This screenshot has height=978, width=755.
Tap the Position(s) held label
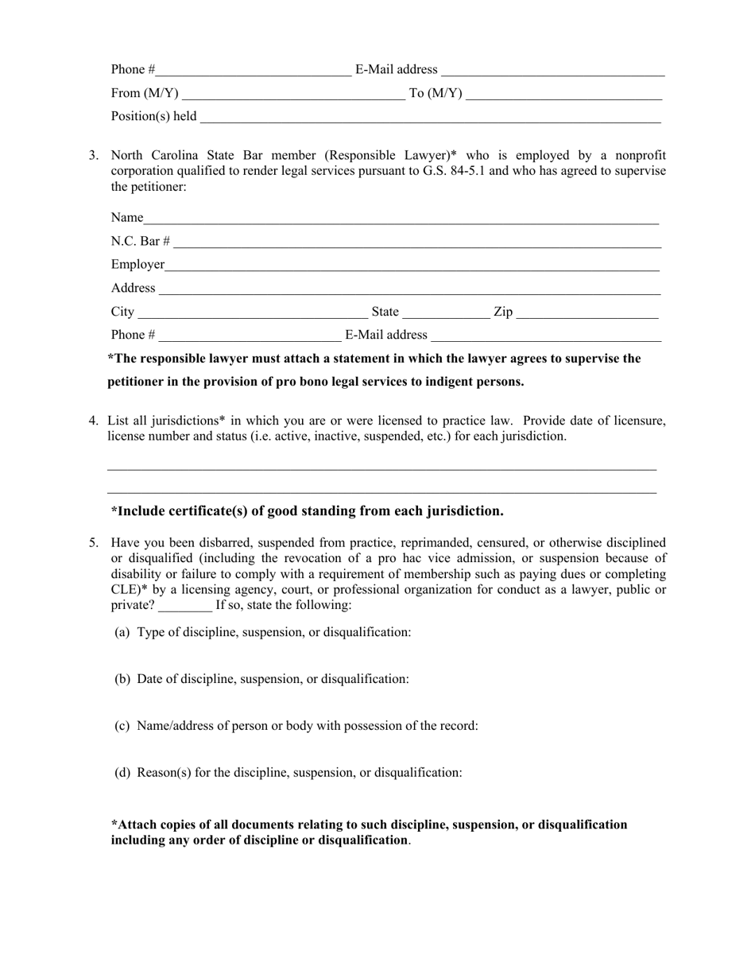click(x=153, y=117)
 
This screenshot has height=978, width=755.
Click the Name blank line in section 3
click(x=401, y=219)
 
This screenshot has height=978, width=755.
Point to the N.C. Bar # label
click(x=140, y=242)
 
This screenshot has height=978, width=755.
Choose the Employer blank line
click(x=412, y=266)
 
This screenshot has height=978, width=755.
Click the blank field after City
click(x=253, y=312)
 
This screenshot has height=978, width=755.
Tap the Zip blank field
click(x=587, y=312)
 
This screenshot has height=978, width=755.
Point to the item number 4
click(x=94, y=421)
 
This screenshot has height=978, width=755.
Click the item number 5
click(x=94, y=543)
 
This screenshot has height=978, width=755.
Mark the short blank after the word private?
click(x=185, y=606)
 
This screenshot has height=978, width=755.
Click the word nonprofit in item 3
click(x=640, y=156)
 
